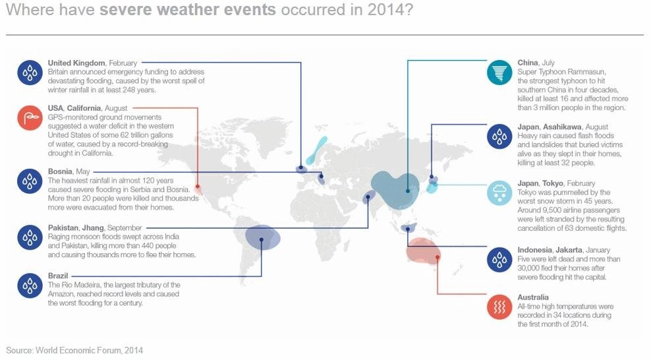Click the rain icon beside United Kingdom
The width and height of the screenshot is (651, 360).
click(30, 73)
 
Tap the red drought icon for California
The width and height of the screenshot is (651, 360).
click(30, 117)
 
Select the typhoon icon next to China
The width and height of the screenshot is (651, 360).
click(499, 73)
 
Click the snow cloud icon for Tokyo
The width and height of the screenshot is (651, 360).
click(499, 193)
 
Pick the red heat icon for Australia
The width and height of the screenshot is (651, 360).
click(499, 307)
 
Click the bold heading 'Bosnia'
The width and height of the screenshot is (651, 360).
click(60, 171)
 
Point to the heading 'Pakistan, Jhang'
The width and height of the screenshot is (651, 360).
click(76, 228)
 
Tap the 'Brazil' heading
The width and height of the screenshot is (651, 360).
click(58, 276)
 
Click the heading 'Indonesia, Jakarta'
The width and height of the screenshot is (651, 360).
click(550, 250)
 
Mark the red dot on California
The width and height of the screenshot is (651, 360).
click(198, 187)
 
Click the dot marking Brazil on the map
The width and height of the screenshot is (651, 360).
click(261, 239)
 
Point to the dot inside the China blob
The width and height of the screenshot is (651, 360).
click(408, 191)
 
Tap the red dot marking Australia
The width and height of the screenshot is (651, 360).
click(437, 257)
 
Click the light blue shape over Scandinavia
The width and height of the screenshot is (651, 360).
click(317, 150)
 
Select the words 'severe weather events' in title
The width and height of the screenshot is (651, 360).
click(188, 9)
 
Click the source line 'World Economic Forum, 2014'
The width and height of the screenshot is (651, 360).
click(89, 351)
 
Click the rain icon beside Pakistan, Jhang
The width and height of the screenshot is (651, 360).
click(30, 237)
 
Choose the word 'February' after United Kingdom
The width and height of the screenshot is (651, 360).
click(123, 63)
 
